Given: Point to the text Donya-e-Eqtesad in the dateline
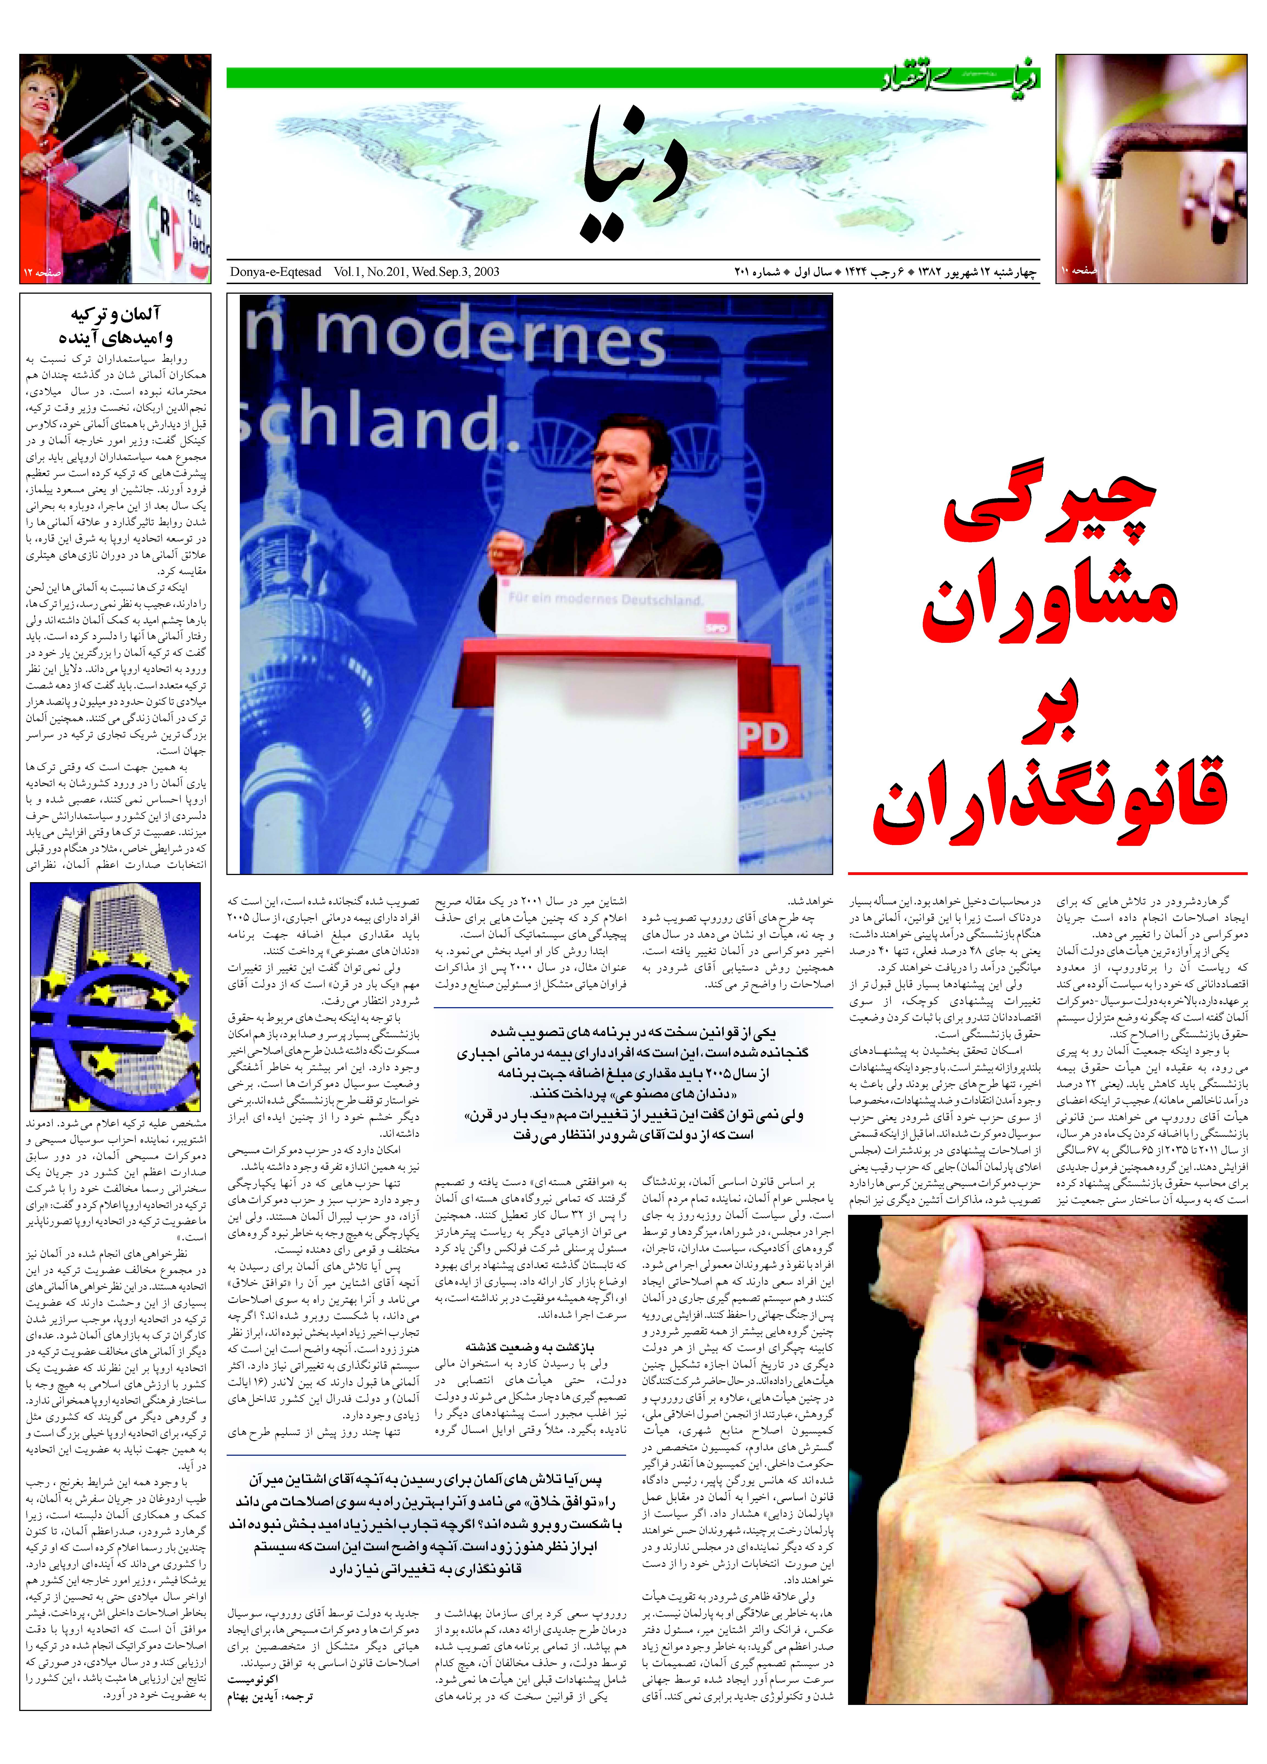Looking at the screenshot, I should [275, 271].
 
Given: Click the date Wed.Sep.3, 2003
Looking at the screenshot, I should [455, 271].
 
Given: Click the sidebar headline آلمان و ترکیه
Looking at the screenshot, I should [115, 314].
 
